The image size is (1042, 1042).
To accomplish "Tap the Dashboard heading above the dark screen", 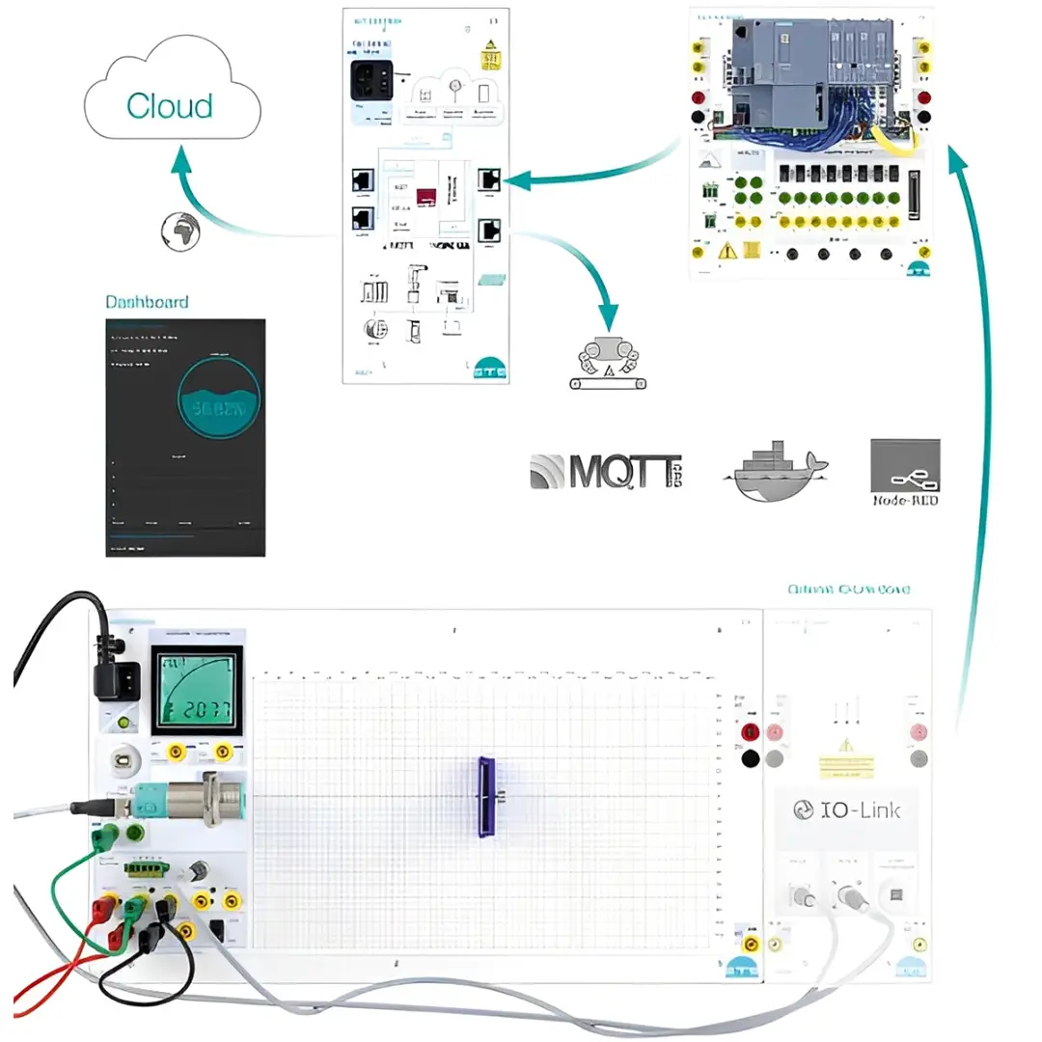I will point(147,302).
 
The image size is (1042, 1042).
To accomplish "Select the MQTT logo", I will point(606,471).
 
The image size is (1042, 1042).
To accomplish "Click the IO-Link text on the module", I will point(846,809).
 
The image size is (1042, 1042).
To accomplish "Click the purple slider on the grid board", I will point(486,796).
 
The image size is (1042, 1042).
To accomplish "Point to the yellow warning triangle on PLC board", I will point(727,251).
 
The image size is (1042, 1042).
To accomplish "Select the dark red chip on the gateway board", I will point(426,197).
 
